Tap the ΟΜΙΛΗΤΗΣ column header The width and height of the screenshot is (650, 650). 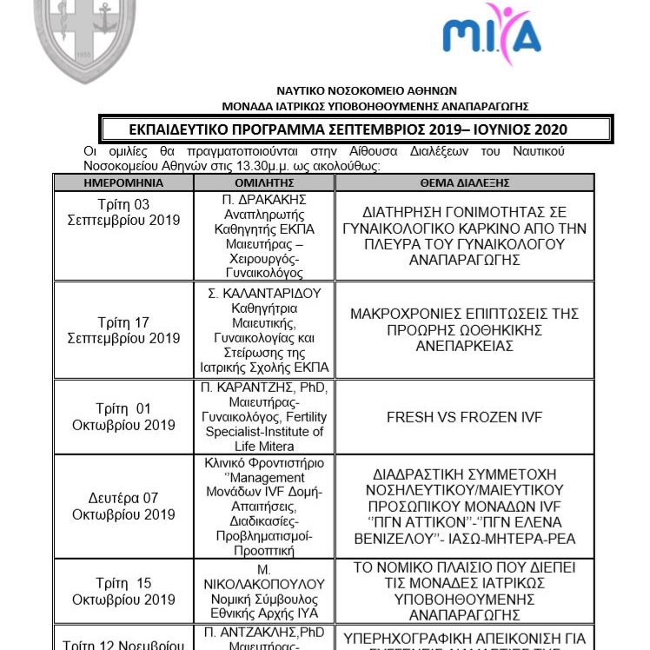266,184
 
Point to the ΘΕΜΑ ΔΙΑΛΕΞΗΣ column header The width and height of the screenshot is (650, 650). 464,184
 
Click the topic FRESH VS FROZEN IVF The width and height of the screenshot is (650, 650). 464,417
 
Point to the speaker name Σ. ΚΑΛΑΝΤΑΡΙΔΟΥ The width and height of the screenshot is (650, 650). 266,293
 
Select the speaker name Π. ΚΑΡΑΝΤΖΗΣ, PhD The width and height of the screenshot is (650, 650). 266,388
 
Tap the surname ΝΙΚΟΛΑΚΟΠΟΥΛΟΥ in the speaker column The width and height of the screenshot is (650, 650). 266,582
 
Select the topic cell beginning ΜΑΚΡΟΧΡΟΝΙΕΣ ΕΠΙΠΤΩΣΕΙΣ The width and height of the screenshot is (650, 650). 464,329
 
